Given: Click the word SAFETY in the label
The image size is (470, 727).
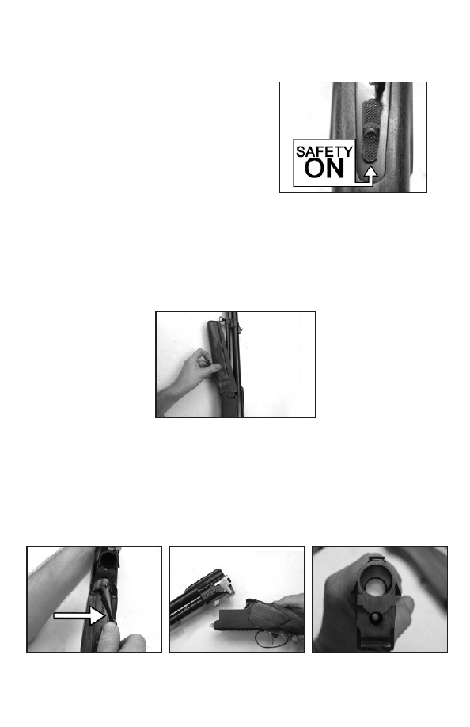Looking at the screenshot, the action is click(x=324, y=151).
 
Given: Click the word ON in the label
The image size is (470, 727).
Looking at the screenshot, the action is click(x=324, y=169).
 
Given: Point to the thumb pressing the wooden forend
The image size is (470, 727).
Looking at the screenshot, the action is click(x=212, y=368).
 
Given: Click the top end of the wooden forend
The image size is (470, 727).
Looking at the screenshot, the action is click(x=213, y=324).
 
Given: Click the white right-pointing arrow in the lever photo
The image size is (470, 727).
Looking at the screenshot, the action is click(x=79, y=615).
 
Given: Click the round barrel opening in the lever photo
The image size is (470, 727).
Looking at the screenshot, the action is click(x=108, y=559).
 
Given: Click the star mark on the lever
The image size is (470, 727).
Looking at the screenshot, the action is click(x=106, y=587).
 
